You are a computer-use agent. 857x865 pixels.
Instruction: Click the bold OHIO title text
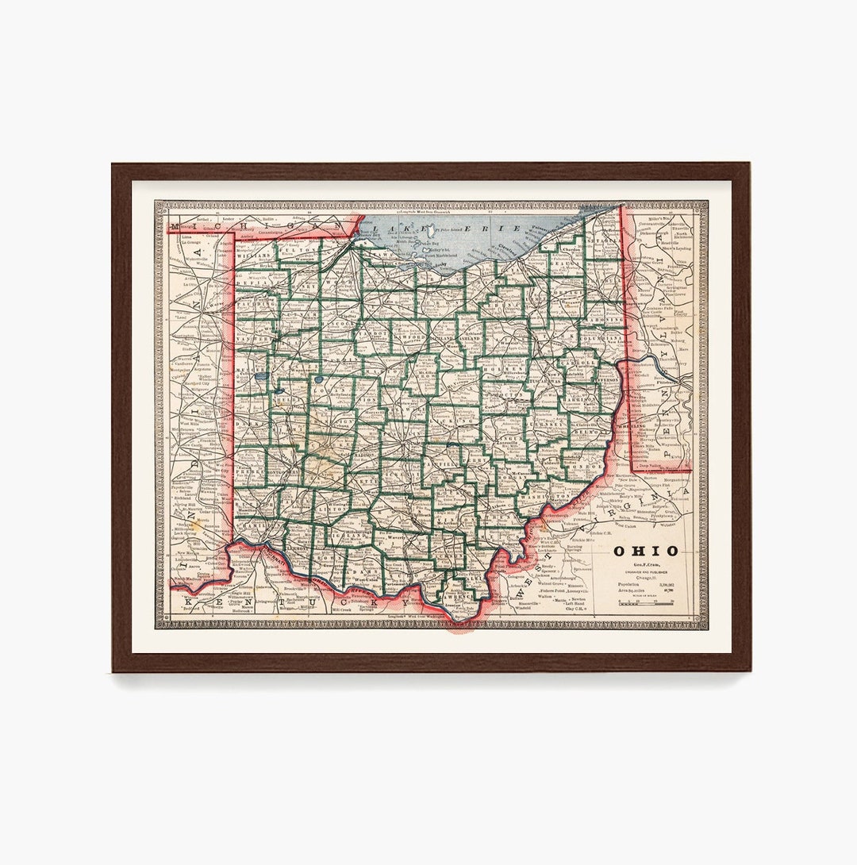pos(644,551)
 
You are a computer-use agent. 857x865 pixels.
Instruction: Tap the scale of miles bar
pos(644,603)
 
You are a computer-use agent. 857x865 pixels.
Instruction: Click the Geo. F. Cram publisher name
pos(644,564)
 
